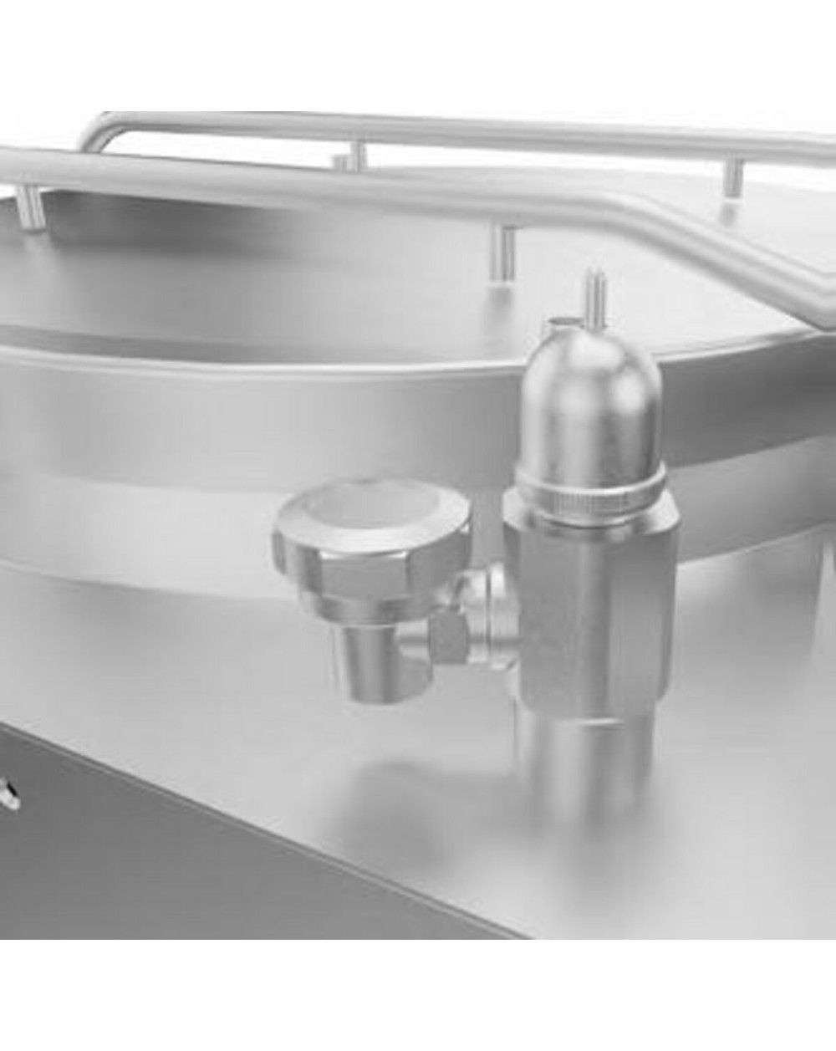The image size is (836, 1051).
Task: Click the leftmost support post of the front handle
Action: (x=31, y=209)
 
